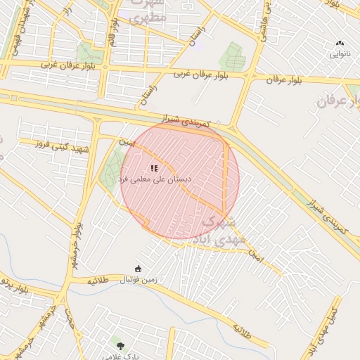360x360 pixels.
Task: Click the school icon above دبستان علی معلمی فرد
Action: point(153,168)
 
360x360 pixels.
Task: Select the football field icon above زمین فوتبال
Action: point(138,269)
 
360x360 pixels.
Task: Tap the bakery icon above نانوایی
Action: point(340,44)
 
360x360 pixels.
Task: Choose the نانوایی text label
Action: point(340,53)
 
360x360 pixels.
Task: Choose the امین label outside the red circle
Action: point(255,257)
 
